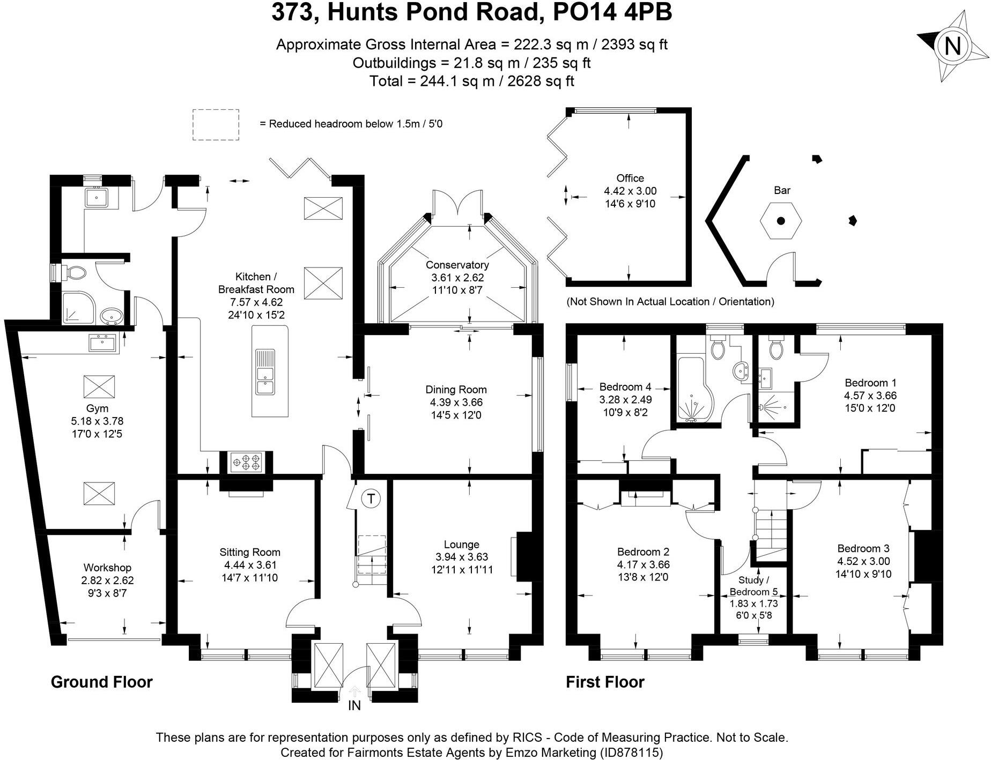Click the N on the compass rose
click(952, 46)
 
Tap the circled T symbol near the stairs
click(371, 498)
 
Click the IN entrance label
click(354, 706)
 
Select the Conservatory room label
click(457, 265)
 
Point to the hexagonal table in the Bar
click(781, 221)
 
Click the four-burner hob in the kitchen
click(246, 462)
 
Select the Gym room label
click(97, 408)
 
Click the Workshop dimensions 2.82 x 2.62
click(107, 580)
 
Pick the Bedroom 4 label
click(625, 386)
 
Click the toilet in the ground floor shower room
click(76, 273)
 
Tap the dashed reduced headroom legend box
click(216, 125)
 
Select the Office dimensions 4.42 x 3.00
click(630, 191)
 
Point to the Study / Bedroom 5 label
click(753, 586)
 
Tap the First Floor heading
click(605, 682)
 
